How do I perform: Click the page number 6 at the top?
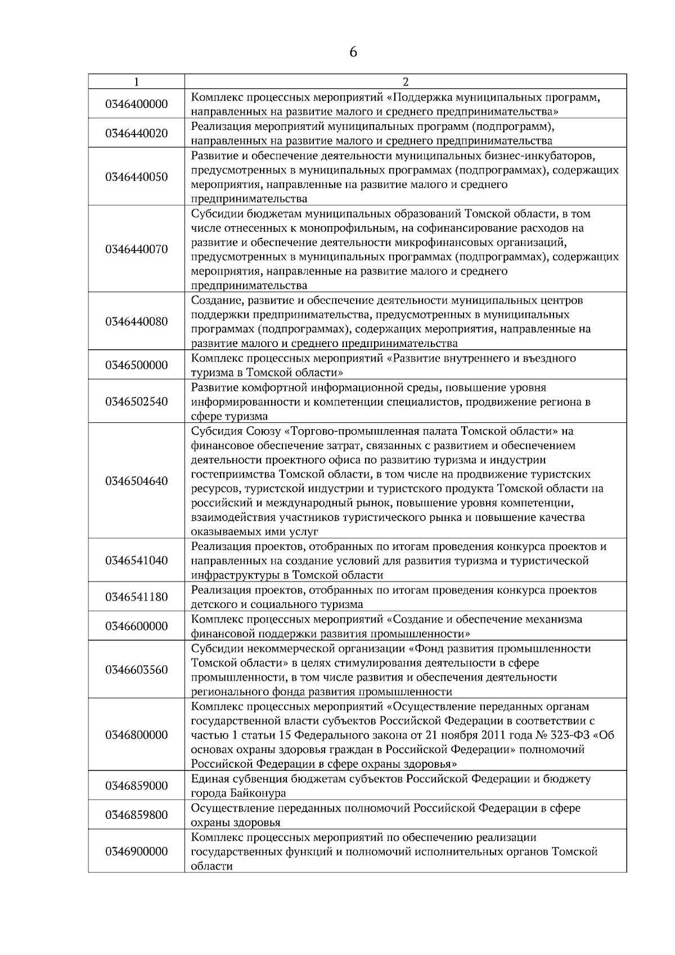pyautogui.click(x=353, y=52)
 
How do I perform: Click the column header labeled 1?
pyautogui.click(x=136, y=82)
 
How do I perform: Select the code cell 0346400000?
pyautogui.click(x=136, y=104)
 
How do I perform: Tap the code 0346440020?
pyautogui.click(x=136, y=133)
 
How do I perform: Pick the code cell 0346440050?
pyautogui.click(x=136, y=177)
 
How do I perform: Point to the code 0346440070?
pyautogui.click(x=136, y=249)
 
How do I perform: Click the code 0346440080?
pyautogui.click(x=136, y=322)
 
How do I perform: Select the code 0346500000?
pyautogui.click(x=136, y=365)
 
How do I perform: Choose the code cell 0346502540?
pyautogui.click(x=136, y=402)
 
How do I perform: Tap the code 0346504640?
pyautogui.click(x=136, y=481)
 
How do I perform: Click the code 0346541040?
pyautogui.click(x=136, y=560)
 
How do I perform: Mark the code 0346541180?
pyautogui.click(x=136, y=597)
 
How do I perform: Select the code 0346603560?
pyautogui.click(x=136, y=670)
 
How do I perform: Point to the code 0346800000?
pyautogui.click(x=136, y=735)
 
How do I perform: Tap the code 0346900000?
pyautogui.click(x=136, y=852)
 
